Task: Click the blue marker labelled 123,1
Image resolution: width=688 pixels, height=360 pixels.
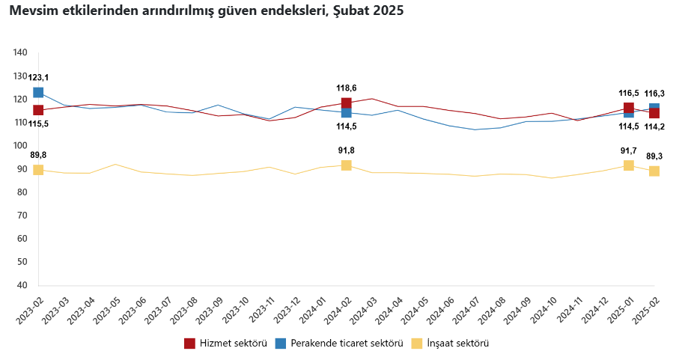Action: [x=38, y=93]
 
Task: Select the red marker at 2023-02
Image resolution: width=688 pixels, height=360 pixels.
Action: [x=38, y=111]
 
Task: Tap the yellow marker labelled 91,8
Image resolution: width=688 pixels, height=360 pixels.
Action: [x=346, y=165]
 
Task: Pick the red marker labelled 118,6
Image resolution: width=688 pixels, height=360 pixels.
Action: [x=346, y=103]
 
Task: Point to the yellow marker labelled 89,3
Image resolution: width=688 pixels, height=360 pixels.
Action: [x=654, y=171]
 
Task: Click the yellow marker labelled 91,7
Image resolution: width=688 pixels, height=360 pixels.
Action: [x=629, y=165]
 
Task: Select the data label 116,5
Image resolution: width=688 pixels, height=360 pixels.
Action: [x=628, y=94]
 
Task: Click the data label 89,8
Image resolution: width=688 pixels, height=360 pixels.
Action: [x=38, y=155]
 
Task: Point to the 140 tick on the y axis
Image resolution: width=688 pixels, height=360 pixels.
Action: [x=21, y=52]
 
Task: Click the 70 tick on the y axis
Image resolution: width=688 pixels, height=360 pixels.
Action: [x=21, y=216]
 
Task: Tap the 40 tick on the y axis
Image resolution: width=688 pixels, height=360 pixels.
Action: [x=21, y=285]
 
